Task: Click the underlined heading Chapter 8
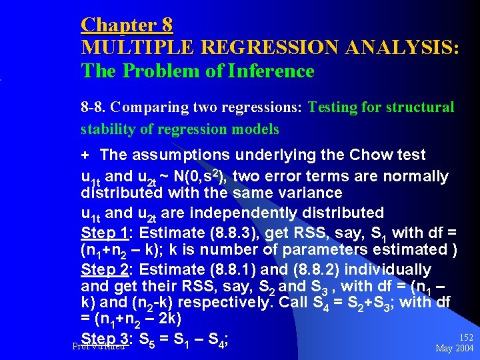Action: (x=127, y=25)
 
